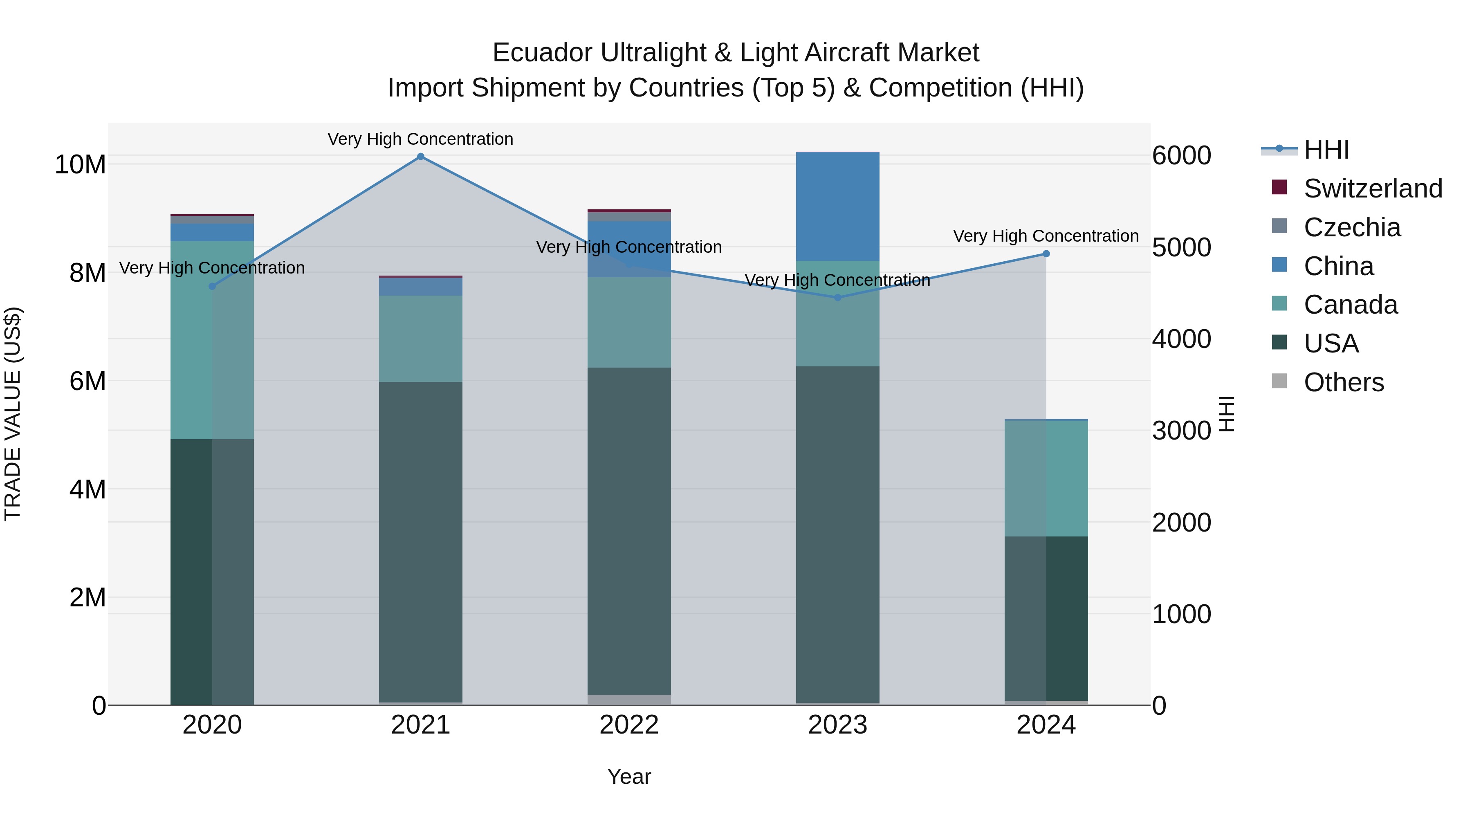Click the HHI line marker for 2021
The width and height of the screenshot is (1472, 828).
tap(421, 157)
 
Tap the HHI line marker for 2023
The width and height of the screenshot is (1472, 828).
tap(838, 298)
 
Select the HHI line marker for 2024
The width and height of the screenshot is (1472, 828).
tap(1046, 254)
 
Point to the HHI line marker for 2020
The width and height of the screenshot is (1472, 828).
tap(212, 286)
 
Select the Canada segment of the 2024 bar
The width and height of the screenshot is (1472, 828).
tap(1046, 478)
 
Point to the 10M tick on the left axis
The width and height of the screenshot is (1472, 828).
tap(80, 164)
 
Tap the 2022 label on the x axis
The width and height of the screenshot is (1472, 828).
tap(629, 725)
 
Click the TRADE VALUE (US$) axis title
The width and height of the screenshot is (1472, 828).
tap(13, 414)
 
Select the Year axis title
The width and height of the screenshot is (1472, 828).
tap(629, 776)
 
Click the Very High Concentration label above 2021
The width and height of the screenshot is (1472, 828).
tap(421, 139)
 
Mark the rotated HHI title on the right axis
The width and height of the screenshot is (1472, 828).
tap(1227, 414)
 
